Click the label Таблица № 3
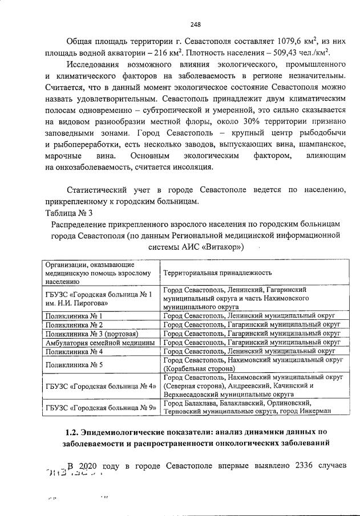[68, 213]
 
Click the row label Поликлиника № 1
[74, 315]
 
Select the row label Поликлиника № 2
[74, 324]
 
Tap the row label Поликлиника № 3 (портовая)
[92, 334]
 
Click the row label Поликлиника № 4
[74, 352]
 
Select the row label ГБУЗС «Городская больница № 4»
[100, 386]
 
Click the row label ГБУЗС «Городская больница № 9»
[100, 408]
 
